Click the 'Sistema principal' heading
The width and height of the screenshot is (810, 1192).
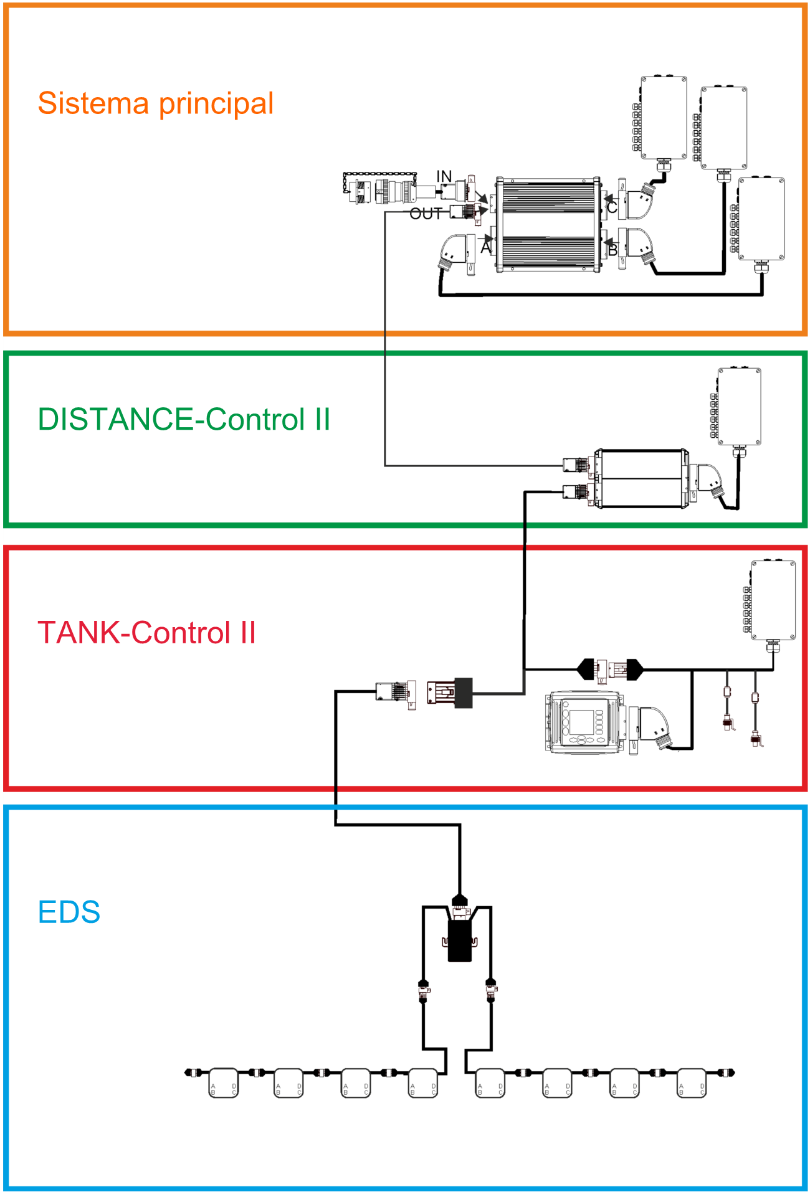(x=156, y=104)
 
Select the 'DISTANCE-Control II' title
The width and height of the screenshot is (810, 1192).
(x=184, y=419)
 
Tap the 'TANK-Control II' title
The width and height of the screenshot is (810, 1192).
(x=147, y=633)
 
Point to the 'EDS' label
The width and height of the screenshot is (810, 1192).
(x=69, y=912)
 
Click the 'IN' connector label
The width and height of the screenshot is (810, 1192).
(x=444, y=177)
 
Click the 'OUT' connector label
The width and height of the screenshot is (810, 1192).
(x=426, y=214)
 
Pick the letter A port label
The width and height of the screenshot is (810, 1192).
(x=486, y=247)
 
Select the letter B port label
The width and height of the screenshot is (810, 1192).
(x=612, y=250)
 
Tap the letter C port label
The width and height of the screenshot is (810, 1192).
(x=612, y=206)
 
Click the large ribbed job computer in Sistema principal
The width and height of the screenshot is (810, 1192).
(x=548, y=225)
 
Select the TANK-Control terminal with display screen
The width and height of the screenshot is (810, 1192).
(x=584, y=722)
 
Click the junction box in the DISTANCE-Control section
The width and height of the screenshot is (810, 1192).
(x=740, y=407)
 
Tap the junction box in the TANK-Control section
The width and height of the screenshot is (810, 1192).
(x=773, y=600)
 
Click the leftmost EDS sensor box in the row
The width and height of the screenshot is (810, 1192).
(x=223, y=1082)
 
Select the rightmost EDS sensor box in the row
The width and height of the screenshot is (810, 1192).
(x=692, y=1082)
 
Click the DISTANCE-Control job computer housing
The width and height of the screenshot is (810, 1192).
(x=642, y=478)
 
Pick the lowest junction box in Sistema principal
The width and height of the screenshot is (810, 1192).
(x=761, y=219)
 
